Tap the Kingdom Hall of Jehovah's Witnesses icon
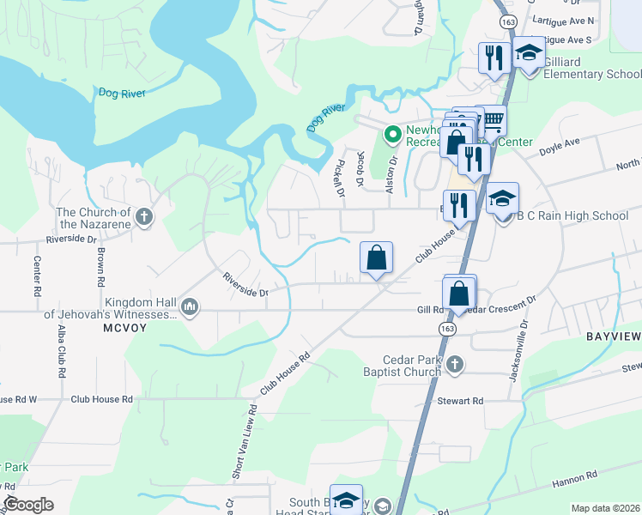(190, 306)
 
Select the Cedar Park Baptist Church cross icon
(455, 365)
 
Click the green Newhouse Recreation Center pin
(392, 134)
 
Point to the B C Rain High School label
(572, 215)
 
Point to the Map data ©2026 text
(605, 508)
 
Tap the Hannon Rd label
(580, 476)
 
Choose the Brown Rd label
(100, 267)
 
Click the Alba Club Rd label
(61, 352)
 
